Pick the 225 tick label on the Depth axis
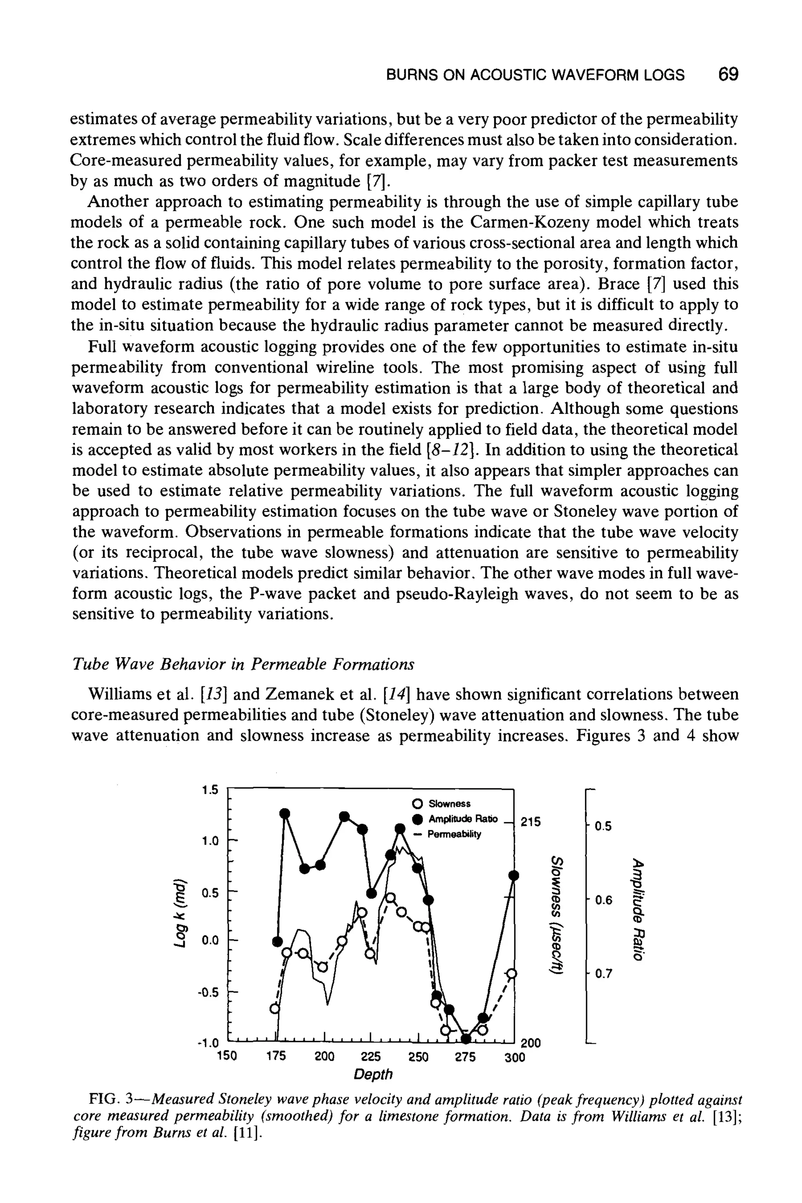pos(371,1057)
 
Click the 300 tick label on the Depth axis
pos(515,1058)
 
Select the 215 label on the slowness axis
pos(530,822)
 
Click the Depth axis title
pos(373,1074)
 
